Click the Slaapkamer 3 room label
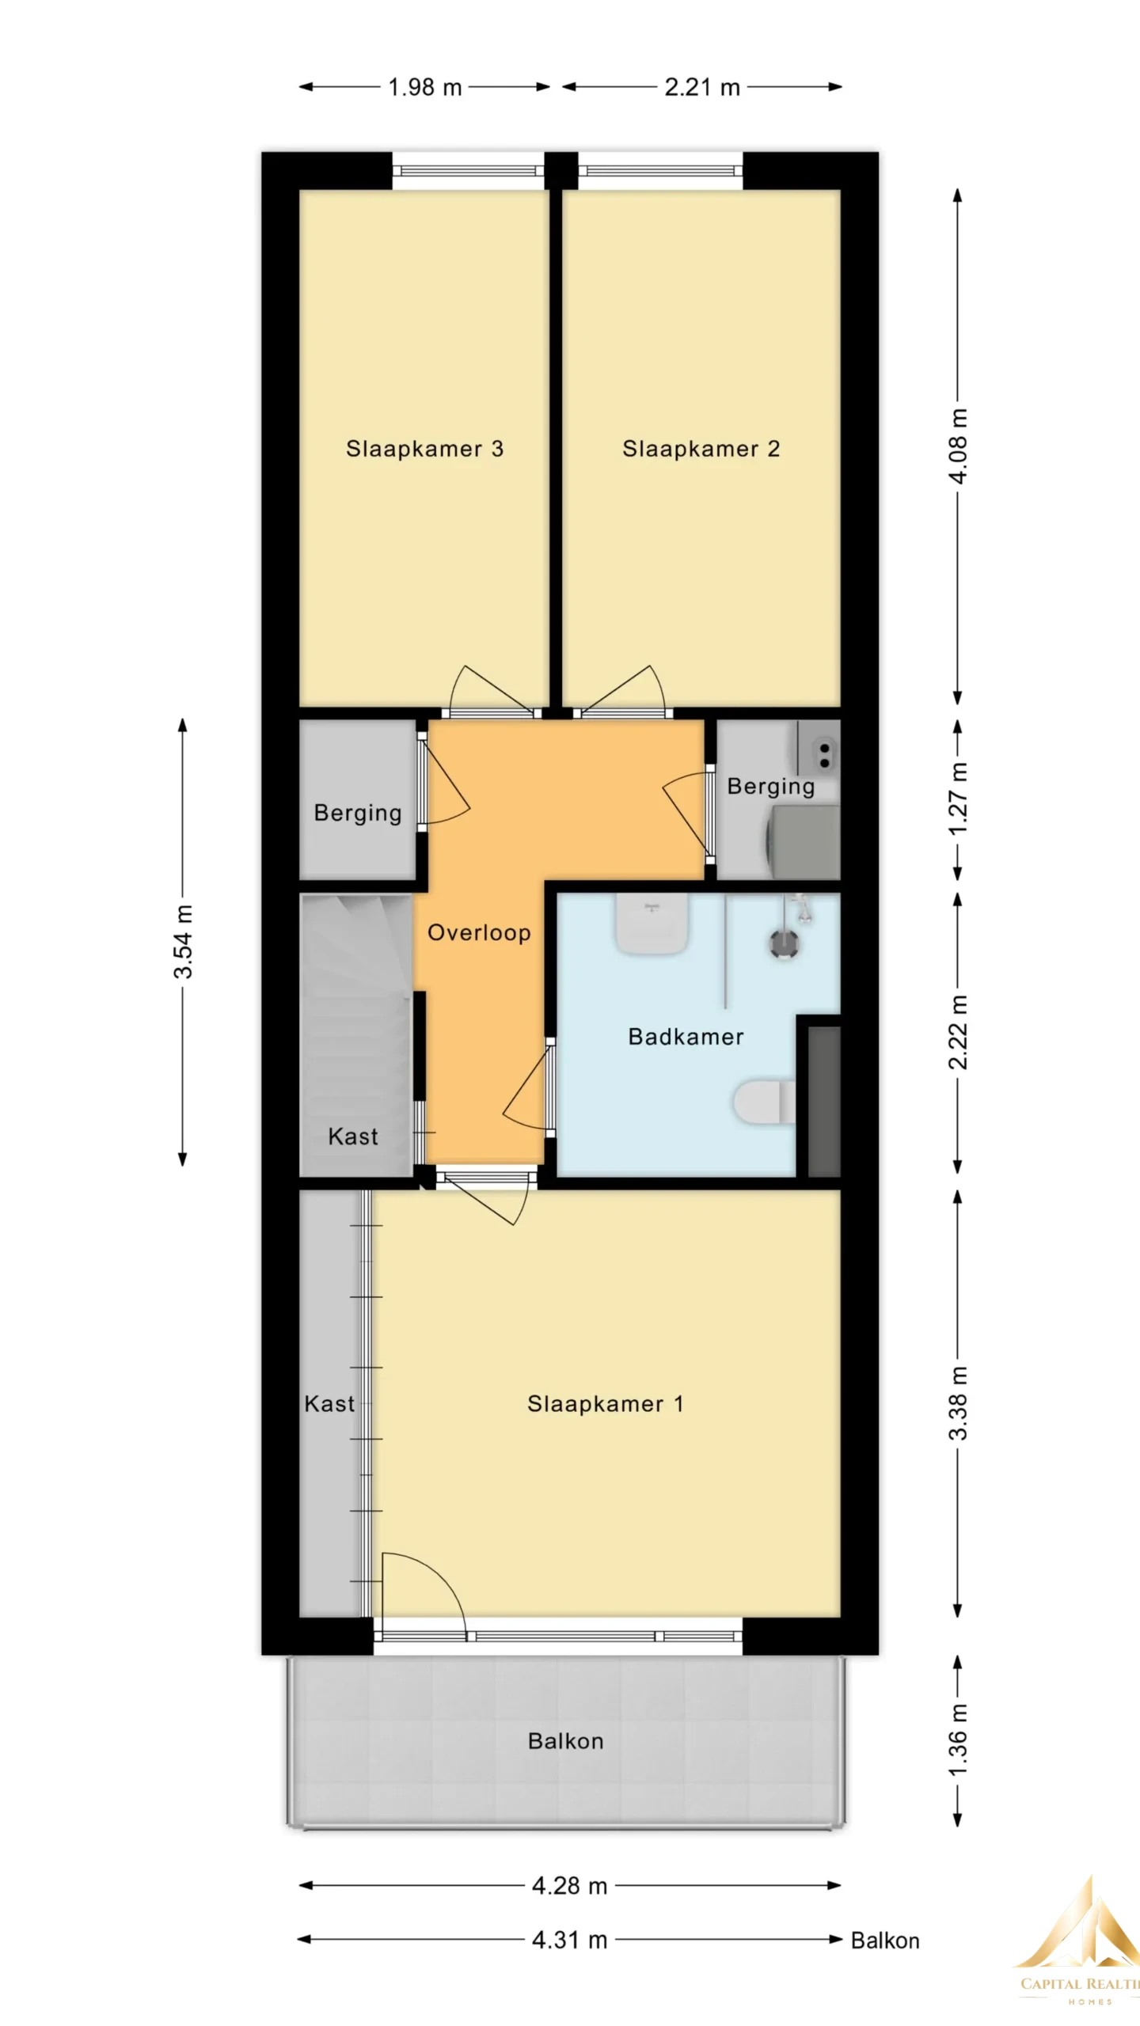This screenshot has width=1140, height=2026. (x=424, y=449)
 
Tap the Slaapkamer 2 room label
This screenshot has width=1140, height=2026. (x=701, y=449)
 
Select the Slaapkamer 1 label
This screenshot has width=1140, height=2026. (x=605, y=1404)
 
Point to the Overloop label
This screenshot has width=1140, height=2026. (x=479, y=932)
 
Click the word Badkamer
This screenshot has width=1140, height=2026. (x=686, y=1037)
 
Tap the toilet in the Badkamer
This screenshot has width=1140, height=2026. (x=764, y=1102)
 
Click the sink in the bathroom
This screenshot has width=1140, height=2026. (x=652, y=924)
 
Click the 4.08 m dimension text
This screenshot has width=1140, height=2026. (x=958, y=446)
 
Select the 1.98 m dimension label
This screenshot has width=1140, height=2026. (x=424, y=87)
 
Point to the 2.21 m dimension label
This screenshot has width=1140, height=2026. (x=702, y=87)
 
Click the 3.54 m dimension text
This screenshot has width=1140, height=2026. (x=183, y=942)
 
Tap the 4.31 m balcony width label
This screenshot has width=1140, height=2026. (x=569, y=1940)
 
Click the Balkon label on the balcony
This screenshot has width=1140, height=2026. (x=565, y=1741)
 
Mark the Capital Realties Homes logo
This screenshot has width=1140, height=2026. (x=1081, y=1952)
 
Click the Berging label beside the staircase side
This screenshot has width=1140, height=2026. (x=358, y=813)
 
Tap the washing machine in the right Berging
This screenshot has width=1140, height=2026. (x=802, y=841)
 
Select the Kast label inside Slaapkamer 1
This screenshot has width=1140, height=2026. (x=329, y=1404)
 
